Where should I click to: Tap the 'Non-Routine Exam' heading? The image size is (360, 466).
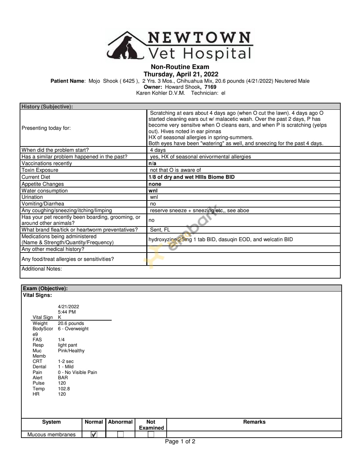tap(180, 67)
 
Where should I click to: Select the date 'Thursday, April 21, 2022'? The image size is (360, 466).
tap(181, 74)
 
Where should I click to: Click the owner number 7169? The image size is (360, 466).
tap(210, 87)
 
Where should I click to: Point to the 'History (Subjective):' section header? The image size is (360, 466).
tap(47, 107)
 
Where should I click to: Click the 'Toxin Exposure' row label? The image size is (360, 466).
tap(40, 170)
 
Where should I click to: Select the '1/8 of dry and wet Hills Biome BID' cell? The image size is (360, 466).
tap(191, 177)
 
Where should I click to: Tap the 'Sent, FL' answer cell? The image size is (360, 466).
tap(160, 230)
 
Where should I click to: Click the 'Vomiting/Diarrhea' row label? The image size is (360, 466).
tap(43, 204)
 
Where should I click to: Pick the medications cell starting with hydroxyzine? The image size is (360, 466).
tap(221, 240)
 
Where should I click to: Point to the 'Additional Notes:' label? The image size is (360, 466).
tap(42, 269)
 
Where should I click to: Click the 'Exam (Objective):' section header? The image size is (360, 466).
tap(45, 289)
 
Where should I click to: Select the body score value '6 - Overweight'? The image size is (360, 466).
tap(73, 329)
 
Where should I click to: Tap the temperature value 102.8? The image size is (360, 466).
tap(64, 389)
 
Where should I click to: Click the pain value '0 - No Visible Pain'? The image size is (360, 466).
tap(77, 372)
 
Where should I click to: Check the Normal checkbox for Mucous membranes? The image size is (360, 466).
tap(94, 434)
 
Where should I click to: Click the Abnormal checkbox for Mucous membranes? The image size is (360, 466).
tap(120, 434)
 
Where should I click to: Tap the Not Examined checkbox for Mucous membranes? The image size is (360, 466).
tap(151, 434)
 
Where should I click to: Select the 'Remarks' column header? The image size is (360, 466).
tap(254, 422)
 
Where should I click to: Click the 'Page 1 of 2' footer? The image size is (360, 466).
tap(180, 442)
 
